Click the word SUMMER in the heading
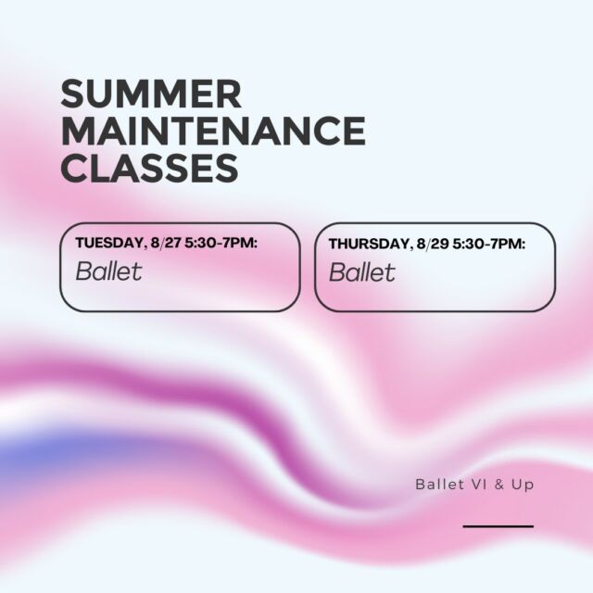[x=151, y=94]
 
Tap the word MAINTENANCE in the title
[x=213, y=131]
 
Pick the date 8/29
[x=433, y=244]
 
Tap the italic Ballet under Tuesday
[x=109, y=271]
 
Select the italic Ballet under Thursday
[x=362, y=271]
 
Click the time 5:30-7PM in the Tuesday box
[x=221, y=243]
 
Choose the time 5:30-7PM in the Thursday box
[x=489, y=244]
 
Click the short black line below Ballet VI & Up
[x=498, y=526]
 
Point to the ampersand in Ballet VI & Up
[x=499, y=485]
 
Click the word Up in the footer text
[x=523, y=486]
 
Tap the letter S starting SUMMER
[x=72, y=94]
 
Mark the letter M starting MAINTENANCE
[x=79, y=131]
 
